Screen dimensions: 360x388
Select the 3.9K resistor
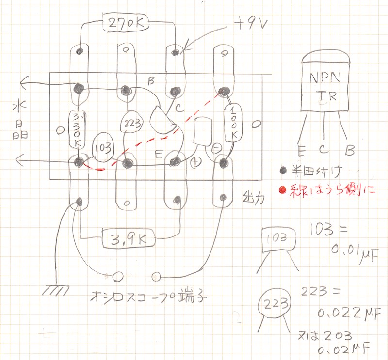coord(128,238)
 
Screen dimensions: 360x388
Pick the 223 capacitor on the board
coord(132,123)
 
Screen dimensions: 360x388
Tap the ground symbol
coord(54,290)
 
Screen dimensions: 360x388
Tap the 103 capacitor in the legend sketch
coord(278,239)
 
